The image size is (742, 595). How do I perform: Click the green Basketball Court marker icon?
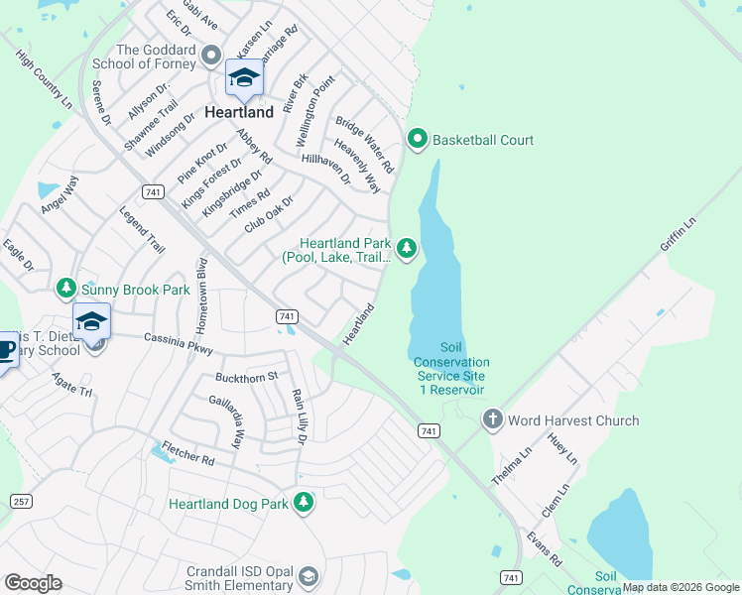tap(418, 140)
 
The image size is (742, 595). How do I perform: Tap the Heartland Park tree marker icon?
tap(406, 247)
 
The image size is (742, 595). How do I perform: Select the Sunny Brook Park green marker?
tap(66, 289)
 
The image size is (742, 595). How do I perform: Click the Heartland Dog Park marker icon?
tap(304, 504)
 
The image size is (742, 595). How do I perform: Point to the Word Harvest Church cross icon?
tap(493, 420)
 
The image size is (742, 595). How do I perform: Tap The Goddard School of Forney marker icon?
tap(210, 55)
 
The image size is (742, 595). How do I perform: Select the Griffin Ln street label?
tap(678, 238)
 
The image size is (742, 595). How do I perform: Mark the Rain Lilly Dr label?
tap(299, 416)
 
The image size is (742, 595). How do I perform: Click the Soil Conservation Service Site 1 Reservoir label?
tap(450, 369)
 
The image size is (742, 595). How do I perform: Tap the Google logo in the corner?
tap(33, 582)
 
